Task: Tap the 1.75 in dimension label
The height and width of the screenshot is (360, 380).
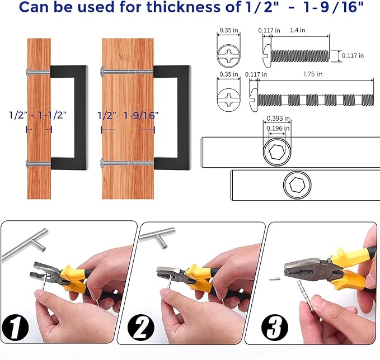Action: [313, 74]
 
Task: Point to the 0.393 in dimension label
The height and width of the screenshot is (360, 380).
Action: [278, 119]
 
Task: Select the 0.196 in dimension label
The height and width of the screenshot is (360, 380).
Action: [278, 129]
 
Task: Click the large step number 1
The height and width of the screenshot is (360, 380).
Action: [15, 328]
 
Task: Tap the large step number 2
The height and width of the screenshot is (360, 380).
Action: [140, 328]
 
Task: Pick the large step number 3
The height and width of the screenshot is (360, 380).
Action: [275, 328]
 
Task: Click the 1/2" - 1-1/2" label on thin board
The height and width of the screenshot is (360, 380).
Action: [37, 115]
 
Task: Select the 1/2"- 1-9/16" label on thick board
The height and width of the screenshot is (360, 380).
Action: [128, 116]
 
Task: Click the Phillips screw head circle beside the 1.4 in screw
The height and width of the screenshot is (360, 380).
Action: [228, 56]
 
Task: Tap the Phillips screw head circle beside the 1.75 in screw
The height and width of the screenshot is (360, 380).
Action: [228, 100]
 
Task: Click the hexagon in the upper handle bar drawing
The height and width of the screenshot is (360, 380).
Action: [277, 152]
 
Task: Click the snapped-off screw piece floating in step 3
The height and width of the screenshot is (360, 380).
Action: [275, 279]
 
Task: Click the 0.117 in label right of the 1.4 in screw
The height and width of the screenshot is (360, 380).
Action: [353, 56]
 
